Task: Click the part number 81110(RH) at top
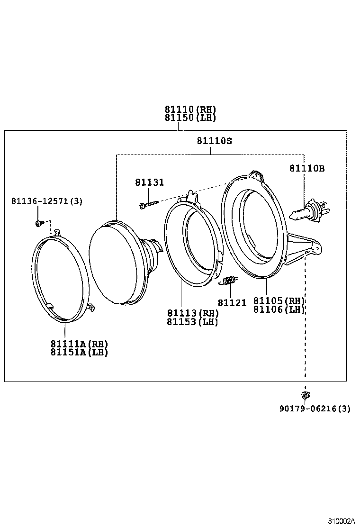(x=190, y=109)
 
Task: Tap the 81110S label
(x=215, y=141)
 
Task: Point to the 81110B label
(x=307, y=168)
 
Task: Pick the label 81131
(x=149, y=182)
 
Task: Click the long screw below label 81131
(x=149, y=204)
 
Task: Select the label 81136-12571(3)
(x=47, y=201)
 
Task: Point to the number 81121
(x=232, y=302)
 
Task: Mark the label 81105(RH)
(x=279, y=300)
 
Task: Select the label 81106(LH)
(x=279, y=309)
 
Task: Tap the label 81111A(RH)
(x=80, y=343)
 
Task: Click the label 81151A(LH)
(x=80, y=352)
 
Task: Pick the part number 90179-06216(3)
(x=315, y=409)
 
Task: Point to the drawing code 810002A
(x=342, y=521)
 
